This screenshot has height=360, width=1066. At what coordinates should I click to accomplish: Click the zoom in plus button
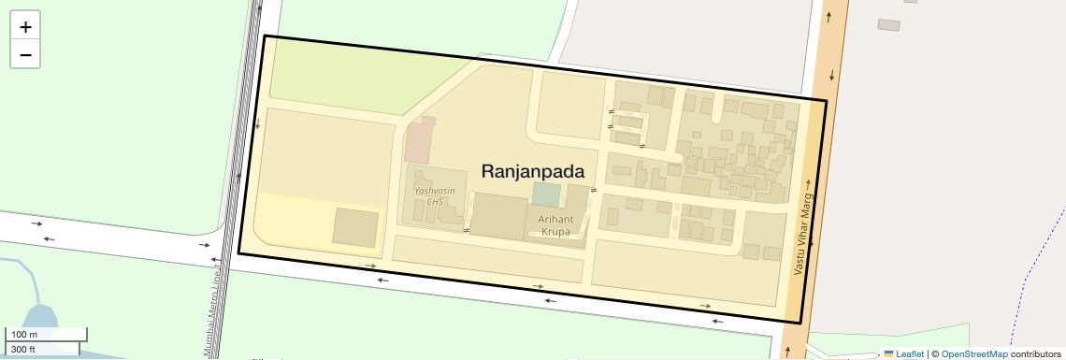[25, 27]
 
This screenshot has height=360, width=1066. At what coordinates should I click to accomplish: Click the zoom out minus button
[25, 54]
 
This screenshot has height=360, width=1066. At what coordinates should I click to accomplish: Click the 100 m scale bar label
[24, 335]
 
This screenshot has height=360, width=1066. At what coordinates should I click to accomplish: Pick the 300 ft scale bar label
[24, 349]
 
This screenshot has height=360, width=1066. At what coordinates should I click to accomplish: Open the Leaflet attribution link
[909, 353]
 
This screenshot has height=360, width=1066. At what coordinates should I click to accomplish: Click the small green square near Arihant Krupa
[546, 194]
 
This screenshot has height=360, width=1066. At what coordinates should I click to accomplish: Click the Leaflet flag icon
[888, 353]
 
